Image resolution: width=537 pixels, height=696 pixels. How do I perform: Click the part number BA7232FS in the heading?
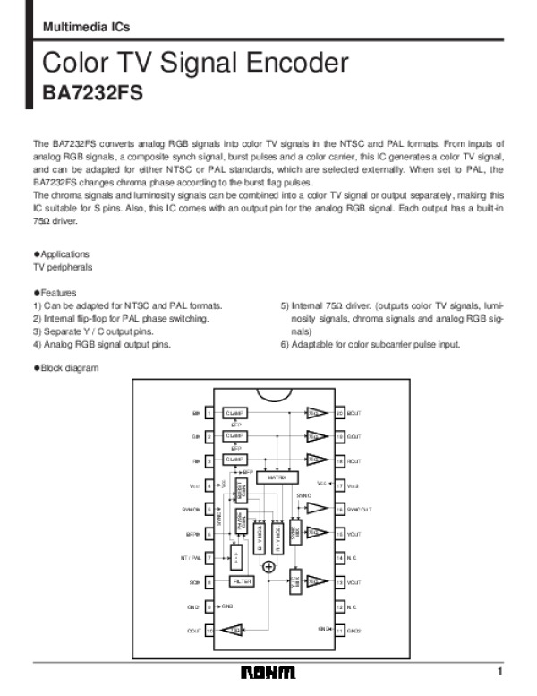pos(92,93)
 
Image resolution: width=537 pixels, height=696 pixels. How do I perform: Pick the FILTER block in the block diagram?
pos(241,581)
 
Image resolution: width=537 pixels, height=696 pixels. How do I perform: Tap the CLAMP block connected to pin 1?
pos(234,413)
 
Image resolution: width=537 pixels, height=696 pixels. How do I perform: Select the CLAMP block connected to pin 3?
pos(234,460)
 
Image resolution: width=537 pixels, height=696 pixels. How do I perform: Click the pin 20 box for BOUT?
pos(339,413)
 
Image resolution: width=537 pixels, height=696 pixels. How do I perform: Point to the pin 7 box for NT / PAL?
pos(209,557)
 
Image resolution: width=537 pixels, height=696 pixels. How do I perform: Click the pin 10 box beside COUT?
pos(209,631)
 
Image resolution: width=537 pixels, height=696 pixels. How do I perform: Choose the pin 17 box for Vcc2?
pos(339,485)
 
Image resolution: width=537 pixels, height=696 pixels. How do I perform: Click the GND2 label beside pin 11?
pos(354,631)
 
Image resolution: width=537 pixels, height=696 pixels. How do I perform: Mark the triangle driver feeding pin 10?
pos(235,631)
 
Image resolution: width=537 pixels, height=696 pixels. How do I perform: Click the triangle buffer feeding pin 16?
pos(316,508)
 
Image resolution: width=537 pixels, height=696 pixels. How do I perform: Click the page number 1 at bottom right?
pos(501,671)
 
